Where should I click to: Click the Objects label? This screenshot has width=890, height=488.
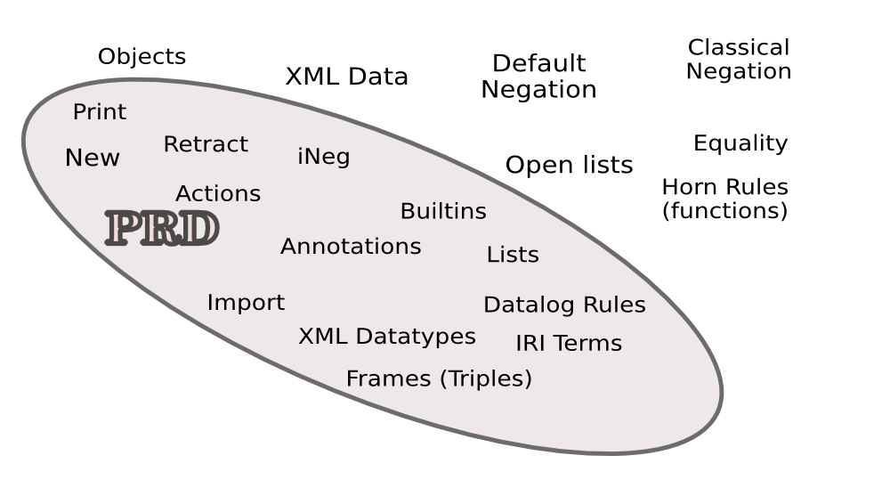click(142, 57)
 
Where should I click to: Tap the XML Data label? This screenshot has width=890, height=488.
click(346, 77)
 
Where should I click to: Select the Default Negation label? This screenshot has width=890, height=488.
click(538, 77)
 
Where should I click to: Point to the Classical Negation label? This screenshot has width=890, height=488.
click(739, 60)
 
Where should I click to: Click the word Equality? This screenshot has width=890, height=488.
click(740, 143)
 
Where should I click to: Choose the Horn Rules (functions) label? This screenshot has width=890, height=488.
click(724, 199)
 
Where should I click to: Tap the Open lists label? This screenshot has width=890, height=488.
click(569, 165)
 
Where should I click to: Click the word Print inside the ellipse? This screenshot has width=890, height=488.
click(99, 112)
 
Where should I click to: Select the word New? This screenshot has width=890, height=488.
click(92, 159)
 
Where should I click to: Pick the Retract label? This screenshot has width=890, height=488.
click(206, 144)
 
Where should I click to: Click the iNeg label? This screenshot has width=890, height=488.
click(323, 158)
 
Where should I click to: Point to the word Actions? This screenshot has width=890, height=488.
click(218, 194)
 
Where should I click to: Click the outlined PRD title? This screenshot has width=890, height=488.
click(162, 229)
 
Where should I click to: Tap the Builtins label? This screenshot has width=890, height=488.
click(443, 212)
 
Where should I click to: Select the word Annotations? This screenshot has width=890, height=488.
click(351, 247)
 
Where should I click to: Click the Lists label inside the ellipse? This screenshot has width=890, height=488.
click(513, 255)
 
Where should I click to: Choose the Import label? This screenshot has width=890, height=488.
click(246, 303)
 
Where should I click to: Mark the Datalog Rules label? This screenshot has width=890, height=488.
click(564, 305)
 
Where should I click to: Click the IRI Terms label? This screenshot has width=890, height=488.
click(569, 344)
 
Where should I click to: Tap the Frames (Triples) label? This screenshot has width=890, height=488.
click(439, 379)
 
